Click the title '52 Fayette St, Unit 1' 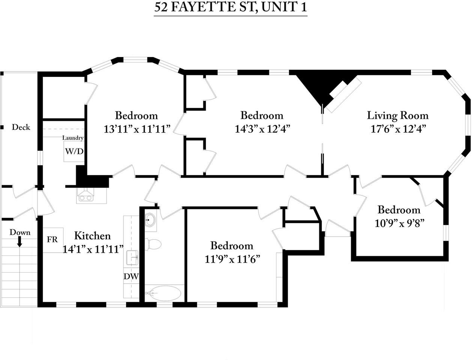point(230,8)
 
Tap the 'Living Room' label point(397,115)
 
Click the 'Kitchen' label point(92,236)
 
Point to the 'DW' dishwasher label point(131,277)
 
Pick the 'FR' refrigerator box point(53,240)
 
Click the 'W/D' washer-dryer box point(74,152)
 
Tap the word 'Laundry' point(73,138)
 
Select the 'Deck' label point(21,127)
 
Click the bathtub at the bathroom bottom point(163,293)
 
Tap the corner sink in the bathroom point(150,220)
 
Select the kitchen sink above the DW point(132,258)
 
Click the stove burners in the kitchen point(86,196)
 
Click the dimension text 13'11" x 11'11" point(137,129)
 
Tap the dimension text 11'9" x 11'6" point(232,259)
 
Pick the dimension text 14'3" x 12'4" point(262,129)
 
